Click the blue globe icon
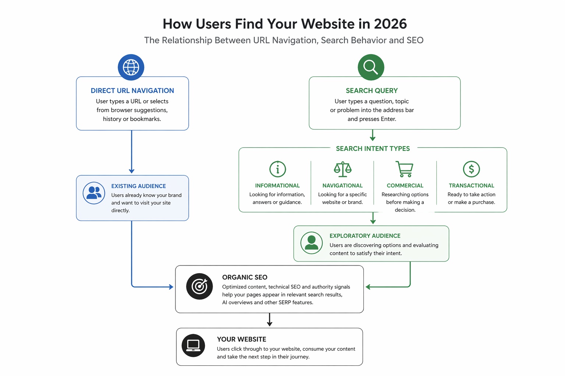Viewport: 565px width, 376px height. pyautogui.click(x=131, y=67)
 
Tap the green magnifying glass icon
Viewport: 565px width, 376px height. pyautogui.click(x=371, y=67)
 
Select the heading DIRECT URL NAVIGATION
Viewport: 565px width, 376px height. pyautogui.click(x=132, y=91)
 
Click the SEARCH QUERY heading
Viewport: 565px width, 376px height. pyautogui.click(x=372, y=91)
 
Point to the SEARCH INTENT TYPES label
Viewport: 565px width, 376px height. pyautogui.click(x=373, y=149)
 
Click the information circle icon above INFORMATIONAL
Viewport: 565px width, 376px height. pyautogui.click(x=278, y=169)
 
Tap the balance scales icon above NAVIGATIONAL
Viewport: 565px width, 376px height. pyautogui.click(x=342, y=169)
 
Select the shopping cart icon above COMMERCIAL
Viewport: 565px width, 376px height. pyautogui.click(x=405, y=169)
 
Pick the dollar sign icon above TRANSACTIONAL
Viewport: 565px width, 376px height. pyautogui.click(x=471, y=169)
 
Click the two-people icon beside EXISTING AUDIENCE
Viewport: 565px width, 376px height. pyautogui.click(x=94, y=193)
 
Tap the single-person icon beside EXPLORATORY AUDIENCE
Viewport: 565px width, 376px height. pyautogui.click(x=312, y=243)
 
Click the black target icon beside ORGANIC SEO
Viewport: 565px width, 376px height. pyautogui.click(x=199, y=286)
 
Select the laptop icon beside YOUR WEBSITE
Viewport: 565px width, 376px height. pyautogui.click(x=193, y=345)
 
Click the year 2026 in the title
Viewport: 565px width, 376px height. pyautogui.click(x=390, y=24)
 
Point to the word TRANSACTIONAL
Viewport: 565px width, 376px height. pyautogui.click(x=471, y=186)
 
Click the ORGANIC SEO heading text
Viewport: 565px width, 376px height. pyautogui.click(x=245, y=277)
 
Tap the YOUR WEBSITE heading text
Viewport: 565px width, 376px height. pyautogui.click(x=241, y=339)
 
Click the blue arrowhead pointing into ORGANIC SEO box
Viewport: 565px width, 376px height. pyautogui.click(x=171, y=287)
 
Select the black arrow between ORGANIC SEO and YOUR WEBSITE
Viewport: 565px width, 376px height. pyautogui.click(x=270, y=320)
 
